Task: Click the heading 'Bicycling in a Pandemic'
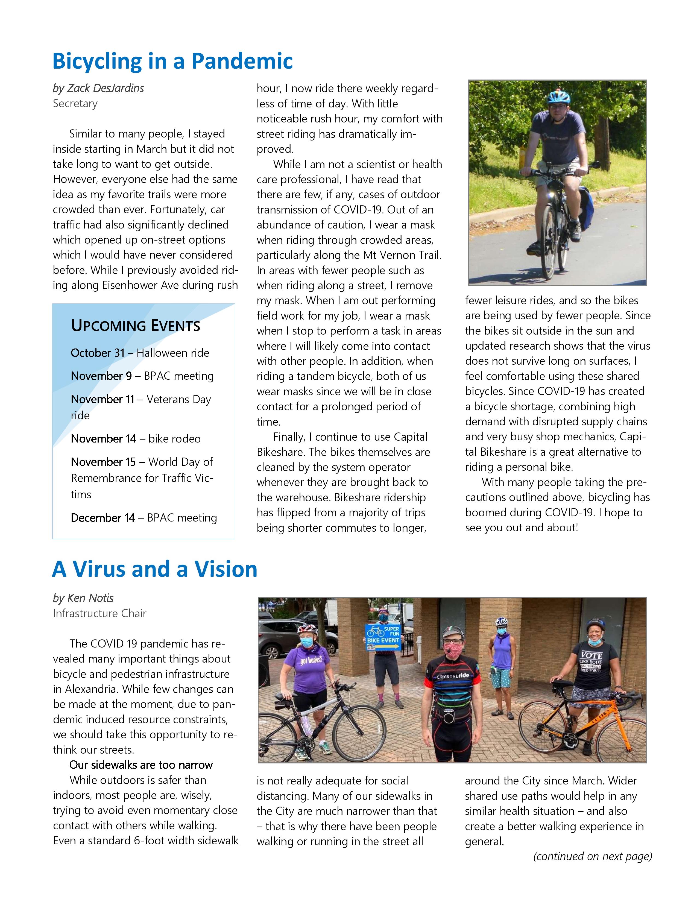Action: click(172, 61)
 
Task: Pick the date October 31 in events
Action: click(98, 353)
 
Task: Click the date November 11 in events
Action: click(102, 399)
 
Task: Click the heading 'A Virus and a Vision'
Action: click(154, 569)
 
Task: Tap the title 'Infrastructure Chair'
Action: click(99, 613)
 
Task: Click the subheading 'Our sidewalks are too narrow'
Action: click(141, 765)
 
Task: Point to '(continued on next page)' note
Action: click(593, 856)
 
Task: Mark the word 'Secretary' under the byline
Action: click(75, 103)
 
